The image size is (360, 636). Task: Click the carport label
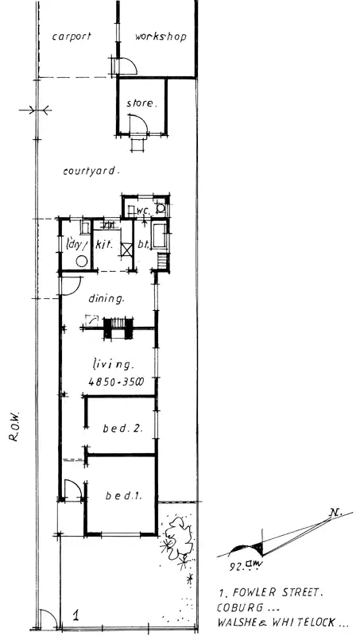pyautogui.click(x=72, y=37)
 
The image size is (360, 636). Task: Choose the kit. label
pyautogui.click(x=104, y=246)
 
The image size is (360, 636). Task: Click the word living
pyautogui.click(x=111, y=364)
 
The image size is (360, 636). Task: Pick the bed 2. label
pyautogui.click(x=123, y=429)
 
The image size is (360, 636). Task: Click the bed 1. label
pyautogui.click(x=123, y=497)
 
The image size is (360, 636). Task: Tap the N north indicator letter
pyautogui.click(x=337, y=513)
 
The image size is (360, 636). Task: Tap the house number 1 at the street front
pyautogui.click(x=75, y=614)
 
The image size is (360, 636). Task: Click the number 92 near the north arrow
pyautogui.click(x=235, y=568)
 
